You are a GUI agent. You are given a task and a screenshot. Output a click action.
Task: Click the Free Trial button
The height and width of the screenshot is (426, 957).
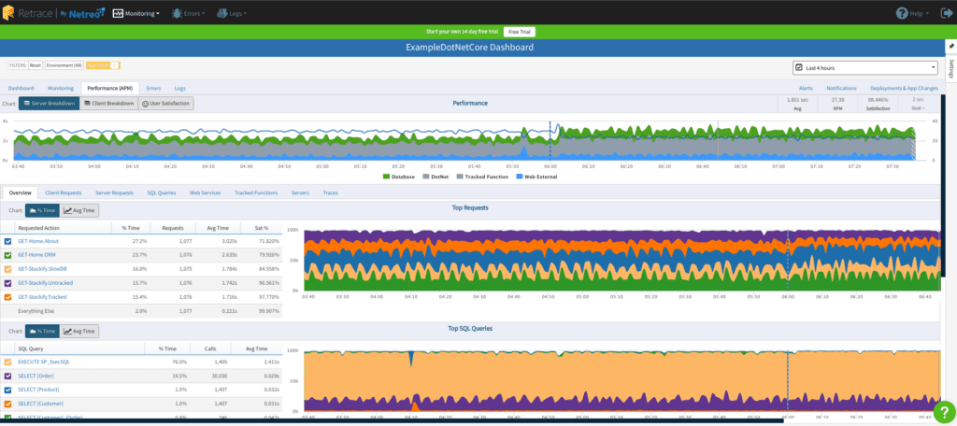[521, 32]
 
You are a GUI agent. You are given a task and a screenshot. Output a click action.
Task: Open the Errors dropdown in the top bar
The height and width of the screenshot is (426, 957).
[193, 14]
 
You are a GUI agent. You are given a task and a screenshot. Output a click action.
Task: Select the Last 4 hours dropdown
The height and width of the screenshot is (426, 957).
[864, 67]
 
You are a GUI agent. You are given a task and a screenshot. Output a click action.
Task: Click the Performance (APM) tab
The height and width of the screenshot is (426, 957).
[110, 88]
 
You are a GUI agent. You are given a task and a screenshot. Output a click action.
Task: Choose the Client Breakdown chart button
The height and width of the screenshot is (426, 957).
[107, 103]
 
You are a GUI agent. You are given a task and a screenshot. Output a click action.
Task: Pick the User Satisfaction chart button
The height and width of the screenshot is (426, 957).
[166, 103]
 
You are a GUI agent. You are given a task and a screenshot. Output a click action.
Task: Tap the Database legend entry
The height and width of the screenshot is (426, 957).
[401, 176]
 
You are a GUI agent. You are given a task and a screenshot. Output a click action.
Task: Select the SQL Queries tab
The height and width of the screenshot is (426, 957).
[163, 192]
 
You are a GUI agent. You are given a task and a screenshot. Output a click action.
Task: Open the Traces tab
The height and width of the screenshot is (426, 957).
[330, 192]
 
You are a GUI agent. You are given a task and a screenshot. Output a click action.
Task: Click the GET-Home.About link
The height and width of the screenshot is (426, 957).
[39, 241]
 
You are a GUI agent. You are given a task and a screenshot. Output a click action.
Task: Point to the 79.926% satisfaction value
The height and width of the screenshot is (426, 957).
[268, 255]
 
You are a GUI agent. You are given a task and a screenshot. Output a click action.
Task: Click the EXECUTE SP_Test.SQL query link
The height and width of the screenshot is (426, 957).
[44, 362]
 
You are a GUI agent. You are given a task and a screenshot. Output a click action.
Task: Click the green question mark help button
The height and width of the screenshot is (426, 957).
[943, 411]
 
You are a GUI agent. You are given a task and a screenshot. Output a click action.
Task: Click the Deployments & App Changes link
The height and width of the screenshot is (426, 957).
[903, 88]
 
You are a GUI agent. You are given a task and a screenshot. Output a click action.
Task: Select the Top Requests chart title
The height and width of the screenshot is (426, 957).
[470, 208]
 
